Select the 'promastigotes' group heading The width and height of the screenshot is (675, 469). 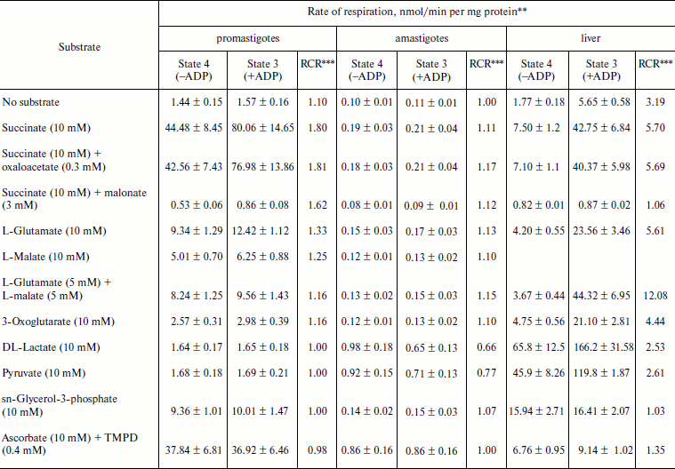(248, 39)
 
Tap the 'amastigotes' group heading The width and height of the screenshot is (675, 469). (422, 39)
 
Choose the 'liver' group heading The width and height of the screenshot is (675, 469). (590, 39)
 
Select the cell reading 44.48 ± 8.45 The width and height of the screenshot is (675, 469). (193, 129)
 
